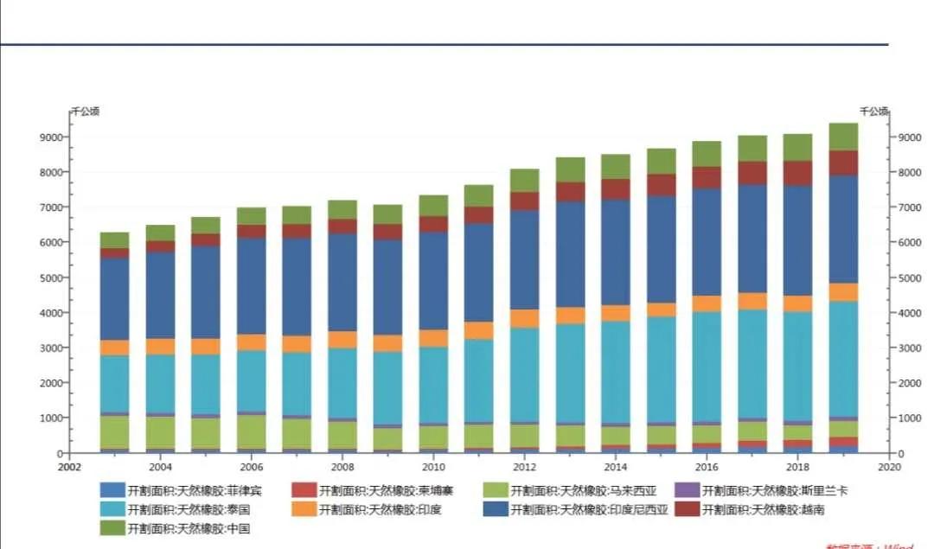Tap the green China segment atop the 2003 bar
tap(114, 239)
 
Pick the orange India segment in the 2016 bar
tap(707, 303)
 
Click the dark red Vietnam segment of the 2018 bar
tap(797, 173)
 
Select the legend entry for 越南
tap(762, 509)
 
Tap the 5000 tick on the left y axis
tap(49, 278)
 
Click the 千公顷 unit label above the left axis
tap(85, 111)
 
